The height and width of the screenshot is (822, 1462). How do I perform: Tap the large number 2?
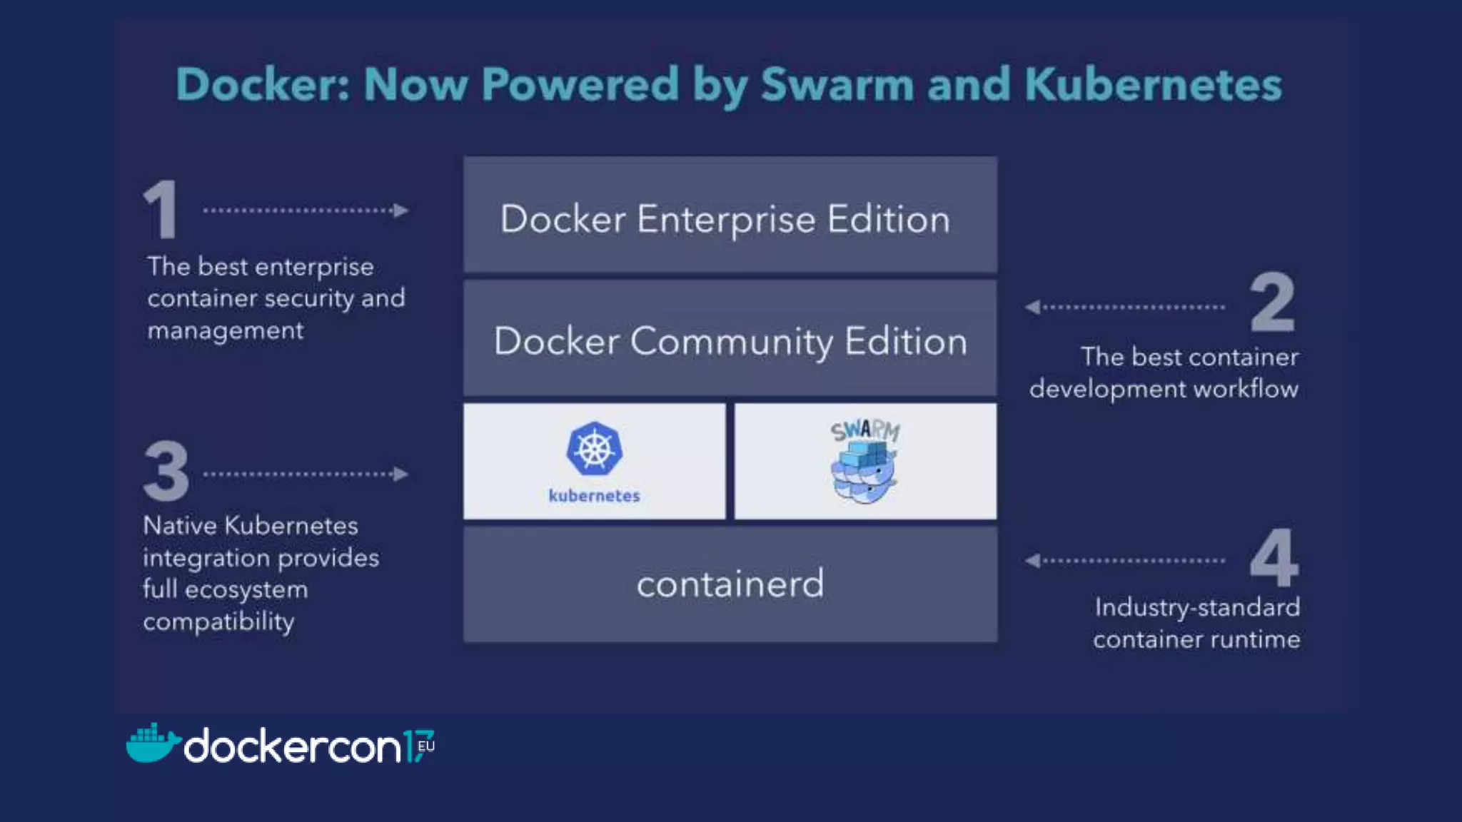[1272, 303]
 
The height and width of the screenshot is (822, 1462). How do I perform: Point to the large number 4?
[1274, 557]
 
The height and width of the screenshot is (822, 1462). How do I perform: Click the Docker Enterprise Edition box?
[730, 215]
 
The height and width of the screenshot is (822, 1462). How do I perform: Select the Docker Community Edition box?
[730, 338]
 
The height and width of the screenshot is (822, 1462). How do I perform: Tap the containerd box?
[730, 584]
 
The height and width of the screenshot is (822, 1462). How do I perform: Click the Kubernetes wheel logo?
[594, 448]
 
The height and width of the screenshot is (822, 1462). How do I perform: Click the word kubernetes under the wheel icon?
[594, 496]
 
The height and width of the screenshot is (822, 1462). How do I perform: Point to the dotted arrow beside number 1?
[306, 210]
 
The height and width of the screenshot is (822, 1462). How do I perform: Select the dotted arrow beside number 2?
[1125, 307]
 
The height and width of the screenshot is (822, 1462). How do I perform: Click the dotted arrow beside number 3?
[306, 474]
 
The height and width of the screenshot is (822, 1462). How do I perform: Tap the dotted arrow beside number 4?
[1125, 560]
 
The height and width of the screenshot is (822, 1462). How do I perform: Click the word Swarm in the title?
[837, 84]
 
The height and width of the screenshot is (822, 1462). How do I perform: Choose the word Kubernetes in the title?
[1153, 84]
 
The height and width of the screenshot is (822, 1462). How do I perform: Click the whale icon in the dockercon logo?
[151, 744]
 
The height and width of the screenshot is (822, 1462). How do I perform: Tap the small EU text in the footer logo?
[426, 746]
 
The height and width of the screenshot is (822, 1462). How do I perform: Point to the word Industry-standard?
[1197, 607]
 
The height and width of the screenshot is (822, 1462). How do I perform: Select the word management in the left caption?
[226, 330]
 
